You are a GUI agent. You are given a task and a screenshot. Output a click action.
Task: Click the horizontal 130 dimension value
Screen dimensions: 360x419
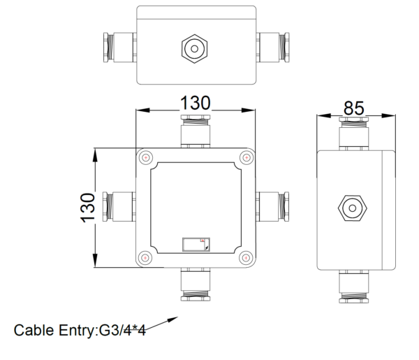(195, 102)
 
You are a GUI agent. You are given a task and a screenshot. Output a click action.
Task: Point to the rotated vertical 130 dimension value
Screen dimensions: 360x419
(87, 208)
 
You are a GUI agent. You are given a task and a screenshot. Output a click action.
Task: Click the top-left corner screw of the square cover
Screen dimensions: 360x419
(145, 158)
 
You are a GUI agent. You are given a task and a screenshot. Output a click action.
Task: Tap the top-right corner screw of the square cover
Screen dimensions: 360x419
(245, 158)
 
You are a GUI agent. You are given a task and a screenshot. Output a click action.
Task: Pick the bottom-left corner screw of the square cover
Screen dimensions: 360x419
(145, 258)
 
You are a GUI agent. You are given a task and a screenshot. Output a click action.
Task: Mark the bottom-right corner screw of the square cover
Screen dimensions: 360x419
(245, 258)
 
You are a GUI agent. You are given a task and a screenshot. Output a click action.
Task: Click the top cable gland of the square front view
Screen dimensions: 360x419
(195, 132)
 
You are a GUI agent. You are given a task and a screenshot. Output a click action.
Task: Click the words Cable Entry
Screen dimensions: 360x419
(52, 330)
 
